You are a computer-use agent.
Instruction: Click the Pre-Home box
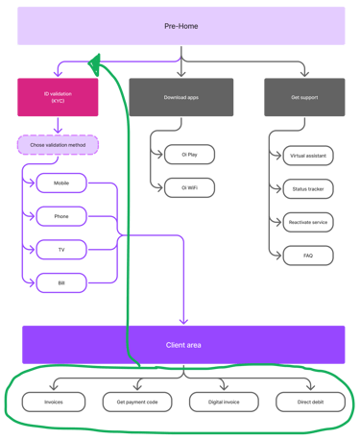click(181, 25)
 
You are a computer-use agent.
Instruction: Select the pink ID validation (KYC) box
click(58, 98)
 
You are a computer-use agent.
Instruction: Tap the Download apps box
click(181, 98)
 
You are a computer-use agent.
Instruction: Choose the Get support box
click(304, 98)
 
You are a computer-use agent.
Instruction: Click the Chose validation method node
click(58, 145)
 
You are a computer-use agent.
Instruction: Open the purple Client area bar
click(183, 344)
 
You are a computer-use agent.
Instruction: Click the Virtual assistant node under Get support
click(307, 155)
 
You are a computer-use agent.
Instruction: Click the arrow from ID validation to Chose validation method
click(58, 125)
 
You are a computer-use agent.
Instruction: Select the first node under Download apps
click(188, 155)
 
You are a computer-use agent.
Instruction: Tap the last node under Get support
click(307, 256)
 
